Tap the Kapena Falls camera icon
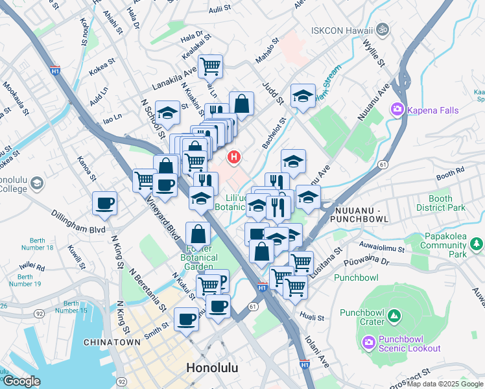(397, 110)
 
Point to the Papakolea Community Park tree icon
(477, 244)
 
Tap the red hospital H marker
(233, 157)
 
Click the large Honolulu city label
(212, 368)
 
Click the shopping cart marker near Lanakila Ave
(210, 65)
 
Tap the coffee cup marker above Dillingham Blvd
(105, 203)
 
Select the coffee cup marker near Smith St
(187, 318)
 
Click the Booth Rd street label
(451, 175)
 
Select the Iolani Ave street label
(318, 344)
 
